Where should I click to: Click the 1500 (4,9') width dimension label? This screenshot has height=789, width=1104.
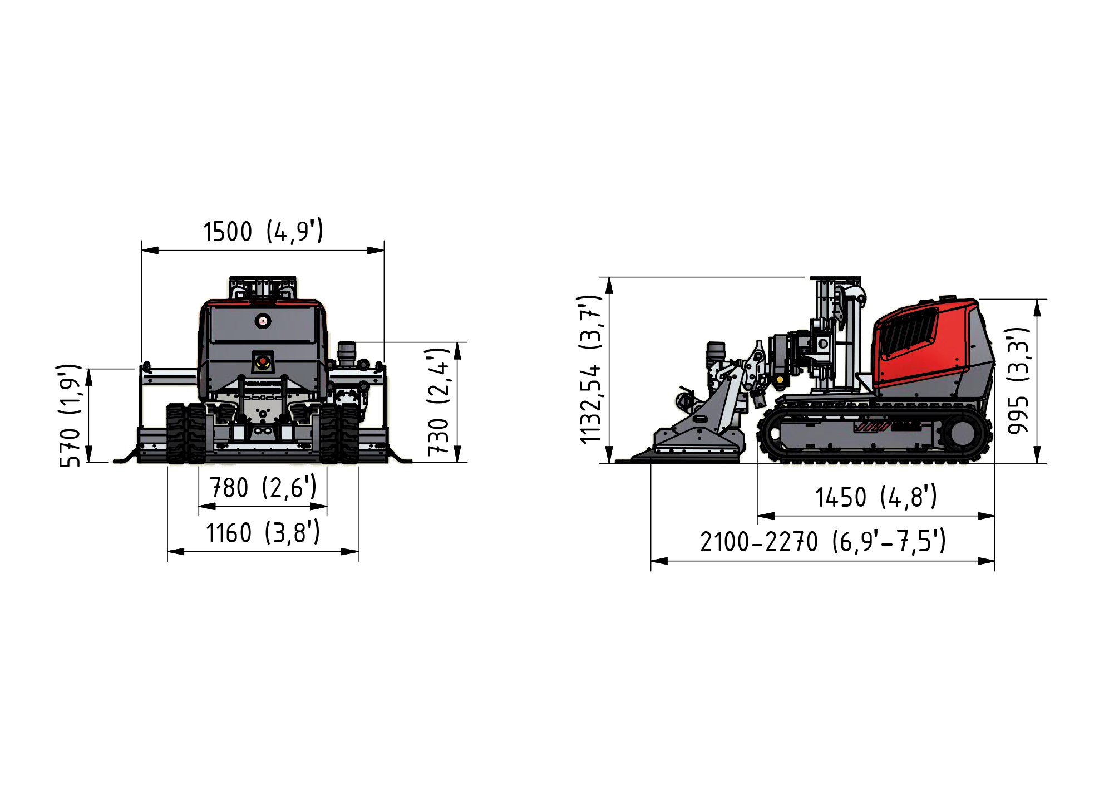click(263, 231)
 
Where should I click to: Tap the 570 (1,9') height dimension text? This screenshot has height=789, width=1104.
click(70, 415)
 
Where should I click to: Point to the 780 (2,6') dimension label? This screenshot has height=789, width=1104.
click(263, 488)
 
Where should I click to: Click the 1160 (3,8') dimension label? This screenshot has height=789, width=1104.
click(263, 533)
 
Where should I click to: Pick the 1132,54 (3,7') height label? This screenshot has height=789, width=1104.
click(590, 370)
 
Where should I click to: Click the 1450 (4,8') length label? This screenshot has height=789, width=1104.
click(876, 497)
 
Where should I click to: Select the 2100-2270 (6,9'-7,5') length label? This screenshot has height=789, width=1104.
click(822, 542)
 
